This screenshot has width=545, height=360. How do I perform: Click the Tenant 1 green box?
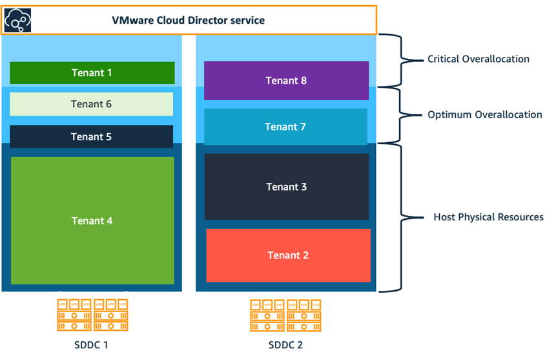[x=92, y=73]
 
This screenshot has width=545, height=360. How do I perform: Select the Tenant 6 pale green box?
[x=92, y=104]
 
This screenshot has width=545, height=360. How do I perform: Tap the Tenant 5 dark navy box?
[x=92, y=137]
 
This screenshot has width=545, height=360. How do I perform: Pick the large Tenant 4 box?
[x=92, y=220]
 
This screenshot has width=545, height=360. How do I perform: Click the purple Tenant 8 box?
[x=286, y=81]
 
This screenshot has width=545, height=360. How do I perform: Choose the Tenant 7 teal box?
[x=285, y=127]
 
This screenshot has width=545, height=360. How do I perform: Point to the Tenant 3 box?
[x=286, y=187]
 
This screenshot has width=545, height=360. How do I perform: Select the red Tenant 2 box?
[x=288, y=255]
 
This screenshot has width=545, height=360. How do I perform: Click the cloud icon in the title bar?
[x=17, y=21]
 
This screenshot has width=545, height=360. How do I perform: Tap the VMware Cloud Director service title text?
[x=189, y=21]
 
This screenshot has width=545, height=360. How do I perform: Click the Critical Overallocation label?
[x=478, y=59]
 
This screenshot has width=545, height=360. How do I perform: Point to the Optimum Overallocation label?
[x=484, y=115]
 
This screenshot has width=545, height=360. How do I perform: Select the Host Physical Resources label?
[x=488, y=217]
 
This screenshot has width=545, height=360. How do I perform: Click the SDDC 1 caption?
[x=92, y=344]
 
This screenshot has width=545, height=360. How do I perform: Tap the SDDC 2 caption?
[x=285, y=344]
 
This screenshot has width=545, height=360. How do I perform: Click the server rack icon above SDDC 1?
[x=92, y=315]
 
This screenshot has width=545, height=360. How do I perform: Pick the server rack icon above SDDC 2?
[x=285, y=315]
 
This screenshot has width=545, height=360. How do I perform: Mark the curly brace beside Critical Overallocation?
[x=394, y=60]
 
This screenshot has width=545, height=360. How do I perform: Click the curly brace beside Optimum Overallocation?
[x=394, y=115]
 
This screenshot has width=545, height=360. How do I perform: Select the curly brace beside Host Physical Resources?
[x=394, y=217]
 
